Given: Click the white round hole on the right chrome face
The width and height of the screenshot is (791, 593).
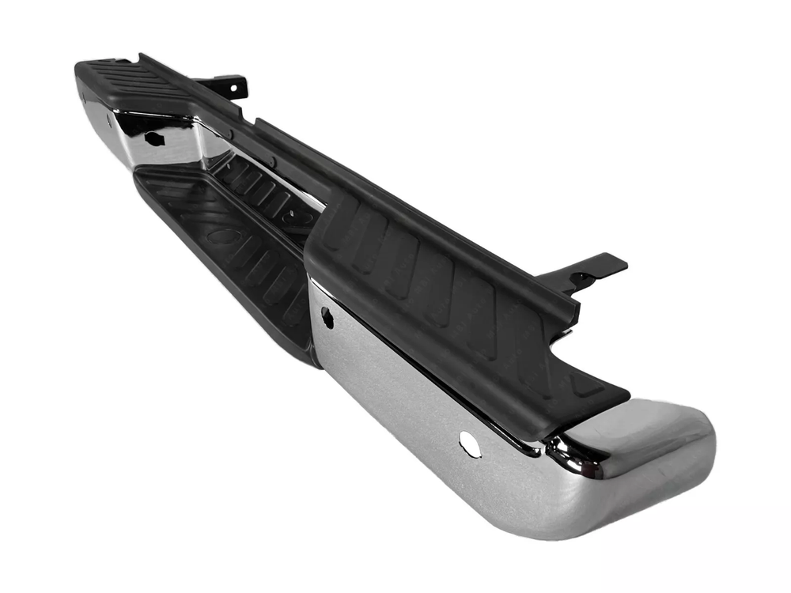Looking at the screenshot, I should (470, 444).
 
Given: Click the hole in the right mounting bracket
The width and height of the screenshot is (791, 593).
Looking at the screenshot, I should (584, 278).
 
